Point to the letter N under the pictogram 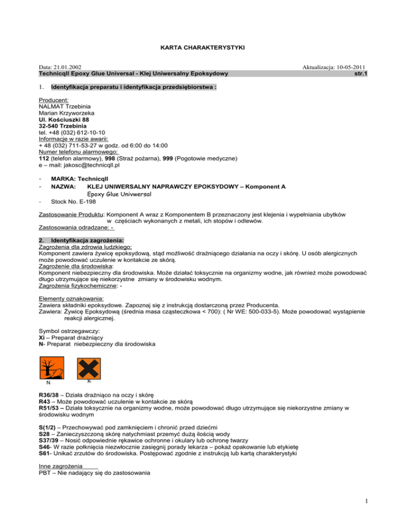(48, 383)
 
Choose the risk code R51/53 (53, 408)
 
